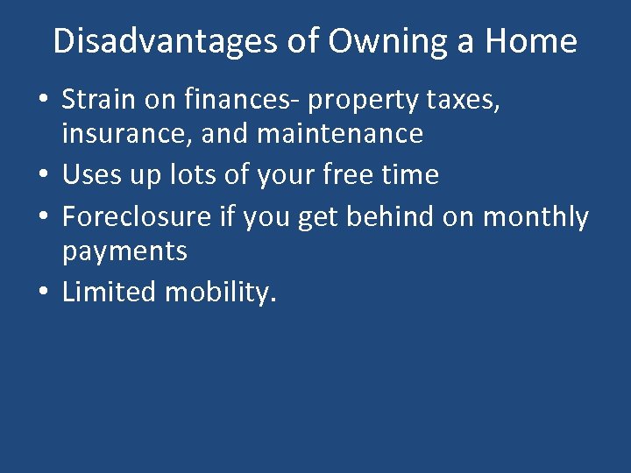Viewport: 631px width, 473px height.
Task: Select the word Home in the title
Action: [x=535, y=41]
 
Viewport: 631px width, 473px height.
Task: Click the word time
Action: [x=412, y=174]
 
